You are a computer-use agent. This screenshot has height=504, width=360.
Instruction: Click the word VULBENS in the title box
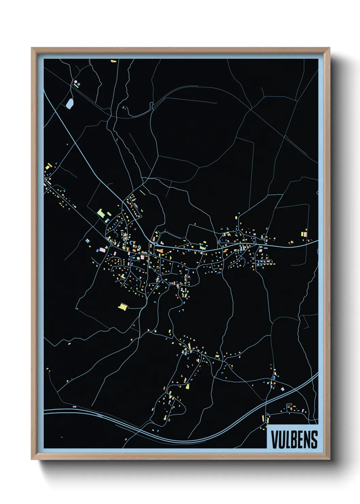pos(294,439)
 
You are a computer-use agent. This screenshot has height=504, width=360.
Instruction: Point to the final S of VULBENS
pos(314,439)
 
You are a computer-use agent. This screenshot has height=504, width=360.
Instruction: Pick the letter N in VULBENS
pos(307,439)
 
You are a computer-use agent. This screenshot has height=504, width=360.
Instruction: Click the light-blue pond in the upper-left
pos(70,103)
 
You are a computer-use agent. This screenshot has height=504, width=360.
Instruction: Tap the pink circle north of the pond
pos(76,82)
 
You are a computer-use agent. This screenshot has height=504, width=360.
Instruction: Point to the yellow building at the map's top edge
pos(113,61)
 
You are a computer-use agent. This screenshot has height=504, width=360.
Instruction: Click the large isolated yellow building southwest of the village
pos(122,306)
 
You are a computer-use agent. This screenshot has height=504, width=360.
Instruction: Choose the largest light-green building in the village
pos(101,213)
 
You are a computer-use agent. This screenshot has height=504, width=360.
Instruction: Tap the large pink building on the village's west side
pos(102,250)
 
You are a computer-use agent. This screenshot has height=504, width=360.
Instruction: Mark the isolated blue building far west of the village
pos(87,241)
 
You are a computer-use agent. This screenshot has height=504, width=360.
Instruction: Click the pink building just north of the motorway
pos(282,389)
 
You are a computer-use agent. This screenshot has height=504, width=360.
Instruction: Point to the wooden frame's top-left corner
pos(32,49)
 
